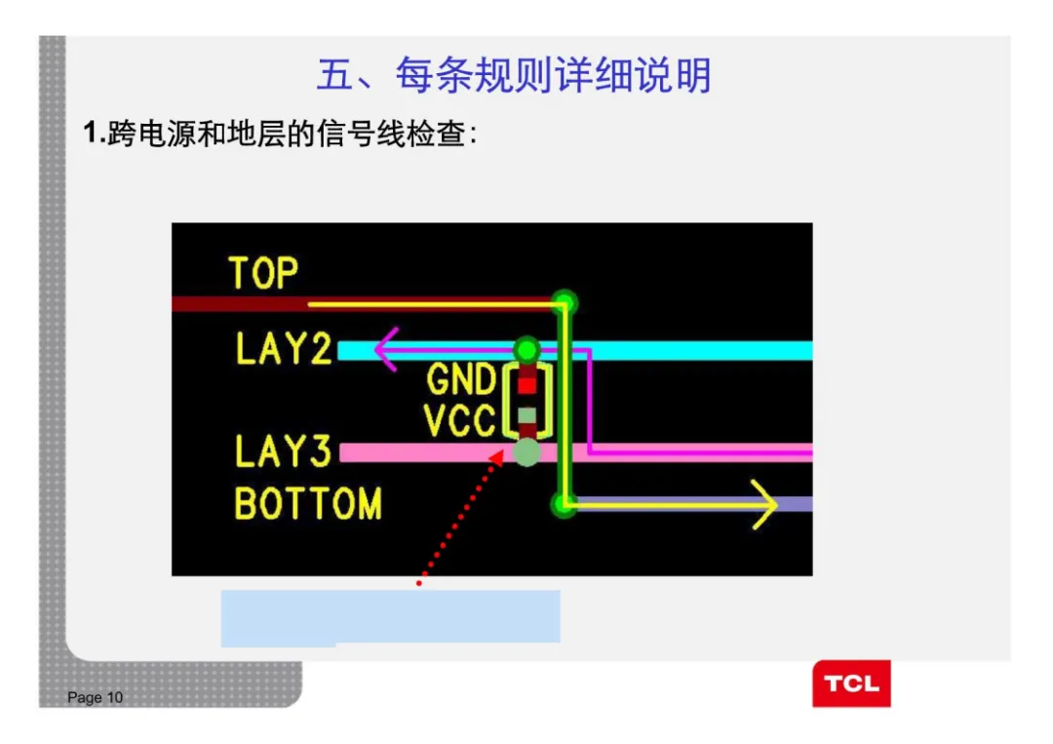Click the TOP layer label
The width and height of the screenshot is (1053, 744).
click(x=263, y=273)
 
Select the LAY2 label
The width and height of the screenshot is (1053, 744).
click(x=284, y=349)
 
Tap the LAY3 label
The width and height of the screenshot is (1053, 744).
click(x=284, y=451)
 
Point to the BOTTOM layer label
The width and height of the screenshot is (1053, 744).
click(x=308, y=504)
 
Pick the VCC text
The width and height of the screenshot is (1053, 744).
click(x=460, y=421)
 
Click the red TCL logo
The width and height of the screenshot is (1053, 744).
click(x=851, y=684)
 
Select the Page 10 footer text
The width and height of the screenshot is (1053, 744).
click(x=96, y=697)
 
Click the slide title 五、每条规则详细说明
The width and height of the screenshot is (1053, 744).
click(x=514, y=76)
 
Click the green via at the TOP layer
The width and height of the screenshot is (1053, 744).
click(x=564, y=302)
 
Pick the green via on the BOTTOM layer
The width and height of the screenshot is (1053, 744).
click(x=563, y=504)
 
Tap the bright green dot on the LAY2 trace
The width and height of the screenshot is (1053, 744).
click(x=526, y=348)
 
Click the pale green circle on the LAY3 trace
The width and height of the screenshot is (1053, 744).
click(x=526, y=452)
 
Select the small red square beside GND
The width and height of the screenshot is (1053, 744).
click(x=527, y=384)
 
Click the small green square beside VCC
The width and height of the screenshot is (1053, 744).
click(x=527, y=416)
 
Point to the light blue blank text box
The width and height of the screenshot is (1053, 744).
click(x=390, y=616)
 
